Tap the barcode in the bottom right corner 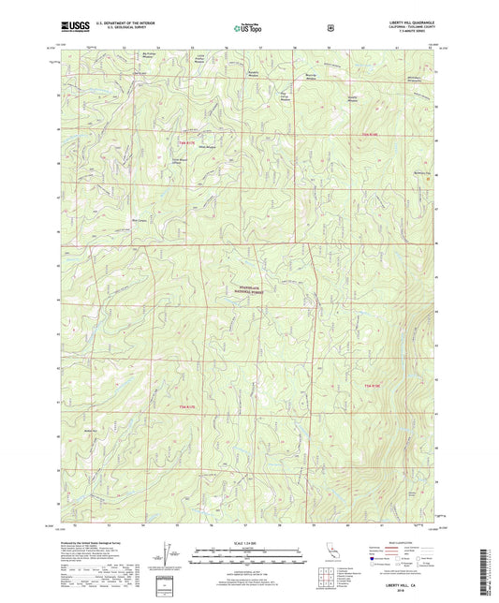(491, 571)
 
